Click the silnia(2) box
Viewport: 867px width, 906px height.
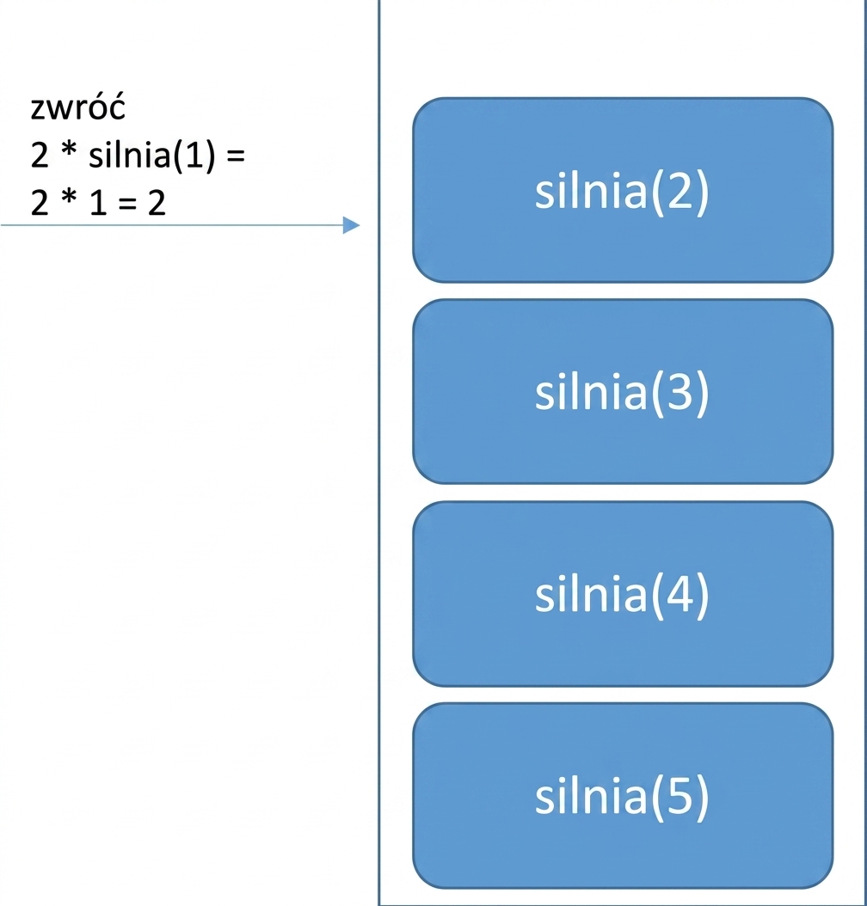coord(623,190)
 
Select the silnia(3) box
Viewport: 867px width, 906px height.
coord(623,391)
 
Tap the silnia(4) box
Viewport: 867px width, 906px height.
coord(623,593)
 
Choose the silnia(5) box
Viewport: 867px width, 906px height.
coord(623,796)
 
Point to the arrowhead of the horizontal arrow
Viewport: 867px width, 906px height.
coord(352,224)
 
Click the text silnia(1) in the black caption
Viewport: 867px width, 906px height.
coord(152,154)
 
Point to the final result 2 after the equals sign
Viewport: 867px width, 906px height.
coord(157,203)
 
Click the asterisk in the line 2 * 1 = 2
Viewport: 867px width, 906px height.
coord(69,198)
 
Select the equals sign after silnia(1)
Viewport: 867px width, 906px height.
coord(236,156)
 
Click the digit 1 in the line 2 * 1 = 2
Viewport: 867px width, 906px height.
coord(98,203)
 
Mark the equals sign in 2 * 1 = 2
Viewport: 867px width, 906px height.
coord(127,205)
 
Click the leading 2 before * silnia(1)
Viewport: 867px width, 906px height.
coord(40,154)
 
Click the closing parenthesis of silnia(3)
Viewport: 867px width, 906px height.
coord(702,394)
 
